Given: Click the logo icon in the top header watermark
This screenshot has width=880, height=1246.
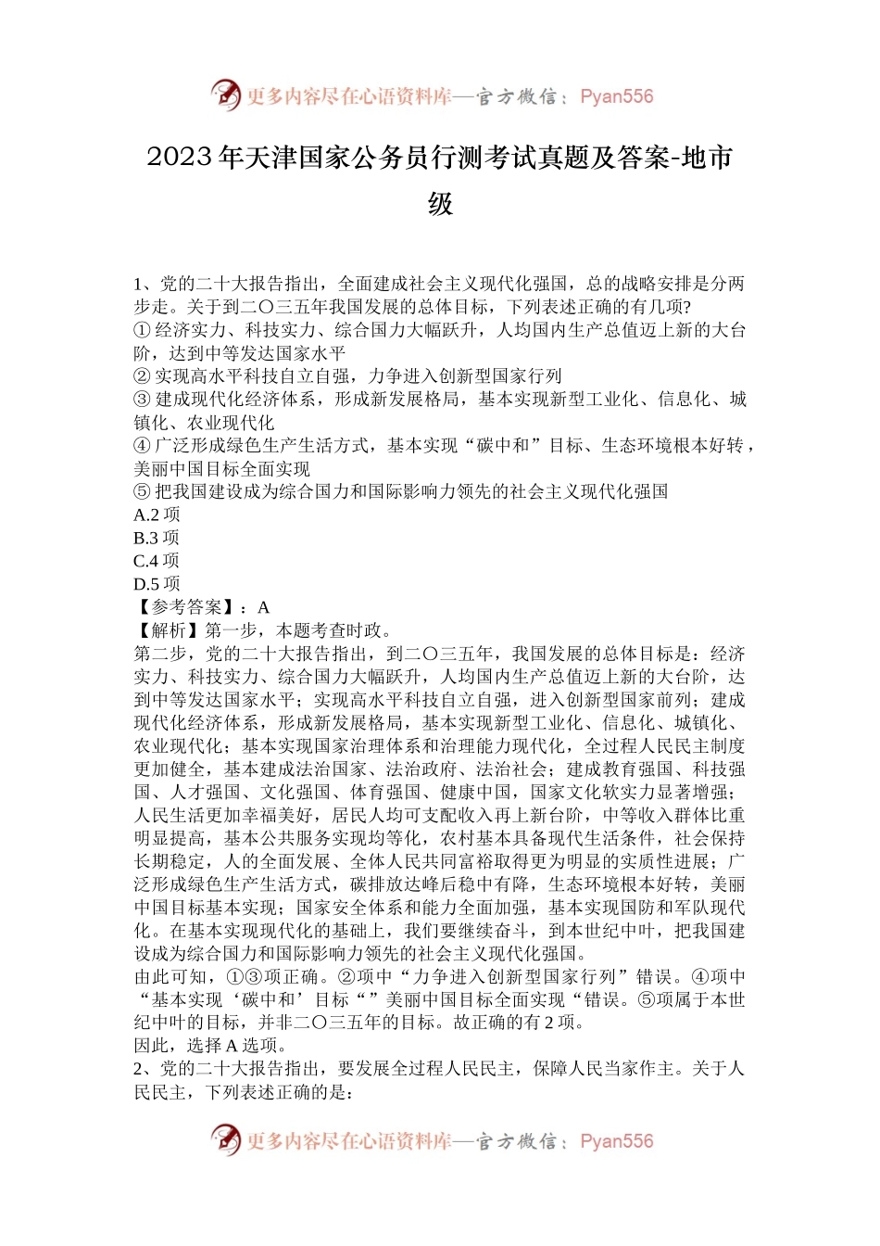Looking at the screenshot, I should [225, 95].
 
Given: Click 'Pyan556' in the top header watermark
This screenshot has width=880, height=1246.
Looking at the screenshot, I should [616, 96].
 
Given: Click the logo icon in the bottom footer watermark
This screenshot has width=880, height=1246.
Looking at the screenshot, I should [225, 1139].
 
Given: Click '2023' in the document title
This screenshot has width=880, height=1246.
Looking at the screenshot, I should [179, 159].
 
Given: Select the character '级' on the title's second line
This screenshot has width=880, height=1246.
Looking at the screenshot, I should [440, 204].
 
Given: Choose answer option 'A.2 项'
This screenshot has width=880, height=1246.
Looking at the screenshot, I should [157, 515].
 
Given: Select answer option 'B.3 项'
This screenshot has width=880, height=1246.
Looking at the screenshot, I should [157, 538].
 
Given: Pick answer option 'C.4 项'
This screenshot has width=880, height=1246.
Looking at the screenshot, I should [157, 561].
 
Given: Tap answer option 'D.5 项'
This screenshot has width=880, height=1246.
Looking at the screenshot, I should [157, 584].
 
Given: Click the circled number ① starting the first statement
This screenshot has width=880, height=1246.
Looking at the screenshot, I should [142, 330].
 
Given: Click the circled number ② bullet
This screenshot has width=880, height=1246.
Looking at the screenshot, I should [142, 376].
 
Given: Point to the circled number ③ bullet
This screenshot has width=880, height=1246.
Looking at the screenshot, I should [142, 400].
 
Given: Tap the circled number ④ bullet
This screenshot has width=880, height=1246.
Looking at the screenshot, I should [142, 446].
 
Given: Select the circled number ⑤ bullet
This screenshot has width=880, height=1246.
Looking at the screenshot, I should [142, 491].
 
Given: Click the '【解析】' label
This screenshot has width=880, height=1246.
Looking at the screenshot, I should [167, 630].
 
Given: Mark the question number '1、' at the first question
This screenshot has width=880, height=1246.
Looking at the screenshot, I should [145, 284].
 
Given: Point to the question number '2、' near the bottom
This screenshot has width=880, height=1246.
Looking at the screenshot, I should [145, 1069].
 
